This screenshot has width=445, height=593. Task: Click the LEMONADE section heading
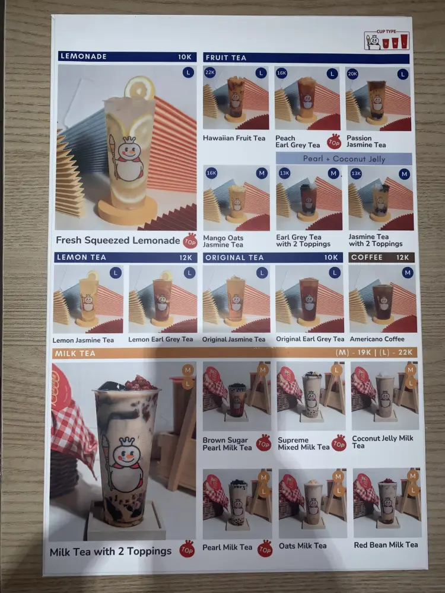coord(84,56)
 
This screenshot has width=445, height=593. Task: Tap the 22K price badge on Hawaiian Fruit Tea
coord(209,72)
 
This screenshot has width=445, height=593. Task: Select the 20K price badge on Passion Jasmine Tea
coord(352,74)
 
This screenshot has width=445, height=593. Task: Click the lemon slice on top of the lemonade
coord(139,88)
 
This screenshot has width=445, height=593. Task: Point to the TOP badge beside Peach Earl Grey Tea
coord(333,142)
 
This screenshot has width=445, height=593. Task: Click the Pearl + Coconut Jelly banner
coord(344,159)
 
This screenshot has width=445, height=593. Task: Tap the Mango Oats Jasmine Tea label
coord(223,241)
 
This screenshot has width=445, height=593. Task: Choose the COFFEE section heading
coord(367,257)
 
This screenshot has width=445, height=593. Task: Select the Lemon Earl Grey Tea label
coord(160,339)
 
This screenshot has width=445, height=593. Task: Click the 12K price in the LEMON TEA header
coord(186,257)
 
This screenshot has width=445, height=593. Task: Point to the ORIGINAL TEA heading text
coord(234,257)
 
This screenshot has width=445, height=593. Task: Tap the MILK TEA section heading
coord(75,353)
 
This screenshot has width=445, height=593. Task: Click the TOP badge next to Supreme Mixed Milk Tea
coord(339,443)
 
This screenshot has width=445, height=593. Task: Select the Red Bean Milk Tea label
coord(386,545)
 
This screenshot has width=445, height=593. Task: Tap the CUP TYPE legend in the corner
coord(386,40)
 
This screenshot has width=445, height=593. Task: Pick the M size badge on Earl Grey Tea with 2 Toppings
coord(333,173)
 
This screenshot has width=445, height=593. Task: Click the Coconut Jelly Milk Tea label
coord(383,442)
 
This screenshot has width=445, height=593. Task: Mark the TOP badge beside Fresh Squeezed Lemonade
coord(190,241)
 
